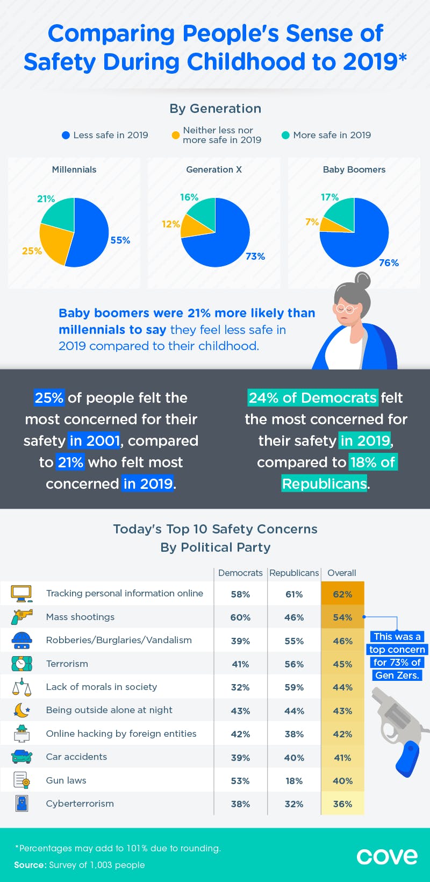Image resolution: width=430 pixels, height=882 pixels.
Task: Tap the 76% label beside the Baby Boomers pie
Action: coord(389,262)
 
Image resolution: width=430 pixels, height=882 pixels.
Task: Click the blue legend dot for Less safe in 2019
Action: coord(66,136)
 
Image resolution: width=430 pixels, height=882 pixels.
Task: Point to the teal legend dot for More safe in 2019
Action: coord(285,136)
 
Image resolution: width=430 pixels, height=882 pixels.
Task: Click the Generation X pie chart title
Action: coord(214,169)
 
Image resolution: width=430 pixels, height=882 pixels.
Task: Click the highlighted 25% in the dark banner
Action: coord(49,398)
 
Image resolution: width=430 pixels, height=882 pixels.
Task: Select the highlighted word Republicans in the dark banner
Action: coord(324,483)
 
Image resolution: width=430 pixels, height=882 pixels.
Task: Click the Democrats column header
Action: coord(240,573)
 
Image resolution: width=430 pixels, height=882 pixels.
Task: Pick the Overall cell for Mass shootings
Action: coord(342,617)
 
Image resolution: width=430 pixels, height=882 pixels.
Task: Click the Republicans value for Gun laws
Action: coord(294,781)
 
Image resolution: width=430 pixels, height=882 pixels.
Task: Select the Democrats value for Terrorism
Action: coord(240,664)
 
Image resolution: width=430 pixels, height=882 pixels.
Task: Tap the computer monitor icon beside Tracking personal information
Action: coord(21,594)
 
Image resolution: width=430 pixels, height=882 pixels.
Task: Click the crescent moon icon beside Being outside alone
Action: coord(21,710)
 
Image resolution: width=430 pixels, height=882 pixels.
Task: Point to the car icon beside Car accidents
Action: coord(21,757)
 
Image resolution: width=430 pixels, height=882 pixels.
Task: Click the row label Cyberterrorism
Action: coord(80,803)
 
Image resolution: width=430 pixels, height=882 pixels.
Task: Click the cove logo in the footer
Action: coord(387,856)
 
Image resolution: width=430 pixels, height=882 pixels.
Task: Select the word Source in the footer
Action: coord(30,865)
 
